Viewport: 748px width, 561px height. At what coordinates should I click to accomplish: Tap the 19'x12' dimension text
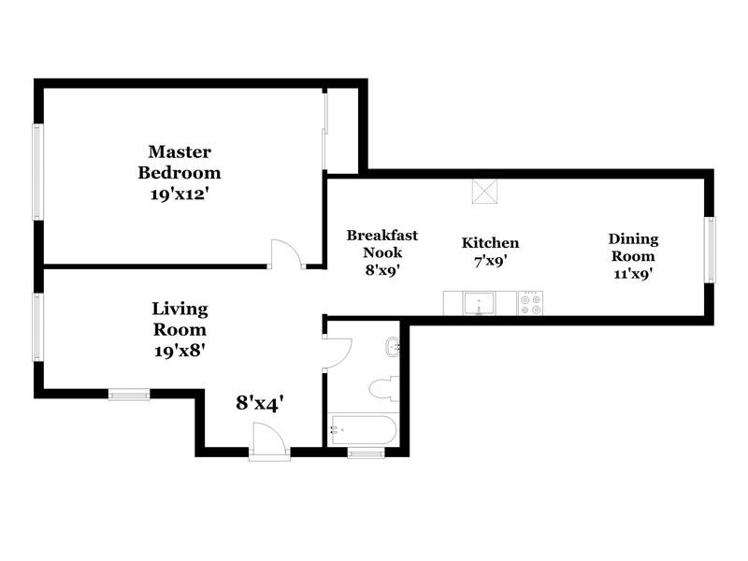pos(180,194)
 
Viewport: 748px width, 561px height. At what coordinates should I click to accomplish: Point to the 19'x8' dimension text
pos(180,351)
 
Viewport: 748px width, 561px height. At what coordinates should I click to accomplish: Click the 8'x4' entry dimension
pos(259,403)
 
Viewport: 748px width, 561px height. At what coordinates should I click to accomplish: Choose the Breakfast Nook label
pos(381,245)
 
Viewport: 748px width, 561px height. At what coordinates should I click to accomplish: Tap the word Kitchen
pos(490,243)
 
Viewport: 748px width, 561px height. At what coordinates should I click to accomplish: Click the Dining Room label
pos(633,247)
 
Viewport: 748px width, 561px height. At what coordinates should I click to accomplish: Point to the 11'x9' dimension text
pos(633,274)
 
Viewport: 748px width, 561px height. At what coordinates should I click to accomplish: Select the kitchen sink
pos(480,303)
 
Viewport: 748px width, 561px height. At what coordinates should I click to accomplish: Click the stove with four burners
pos(530,303)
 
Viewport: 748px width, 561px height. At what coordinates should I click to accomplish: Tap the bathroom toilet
pos(383,387)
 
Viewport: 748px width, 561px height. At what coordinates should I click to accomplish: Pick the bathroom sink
pos(392,348)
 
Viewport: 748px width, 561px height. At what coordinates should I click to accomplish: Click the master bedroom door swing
pos(284,253)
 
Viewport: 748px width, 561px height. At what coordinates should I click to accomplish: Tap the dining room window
pos(710,250)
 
